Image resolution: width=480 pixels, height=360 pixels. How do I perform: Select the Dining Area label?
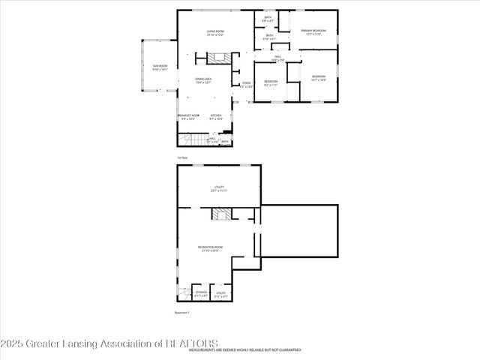[203, 79]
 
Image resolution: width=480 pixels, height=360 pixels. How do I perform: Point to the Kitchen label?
[216, 116]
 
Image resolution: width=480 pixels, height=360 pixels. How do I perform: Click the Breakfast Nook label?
[188, 116]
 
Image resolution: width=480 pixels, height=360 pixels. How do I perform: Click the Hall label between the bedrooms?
[277, 58]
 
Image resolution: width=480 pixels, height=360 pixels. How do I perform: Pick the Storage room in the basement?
[202, 292]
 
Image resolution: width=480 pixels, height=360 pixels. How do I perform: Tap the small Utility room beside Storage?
[220, 294]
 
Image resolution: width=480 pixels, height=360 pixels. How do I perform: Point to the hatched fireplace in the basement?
[219, 215]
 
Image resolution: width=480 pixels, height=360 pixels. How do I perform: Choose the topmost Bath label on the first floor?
[268, 19]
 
